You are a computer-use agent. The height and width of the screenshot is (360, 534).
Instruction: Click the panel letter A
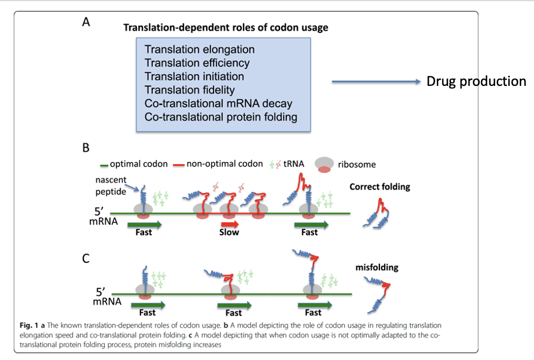point(86,24)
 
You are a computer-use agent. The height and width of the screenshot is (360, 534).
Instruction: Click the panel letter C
point(86,257)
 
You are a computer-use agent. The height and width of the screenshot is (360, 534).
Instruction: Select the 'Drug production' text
point(476,81)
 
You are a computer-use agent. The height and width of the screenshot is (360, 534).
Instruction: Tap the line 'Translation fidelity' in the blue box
point(190,90)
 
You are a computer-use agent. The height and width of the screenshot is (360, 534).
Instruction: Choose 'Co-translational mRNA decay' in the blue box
point(218,104)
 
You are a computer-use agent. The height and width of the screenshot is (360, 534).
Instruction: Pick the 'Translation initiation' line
point(194,76)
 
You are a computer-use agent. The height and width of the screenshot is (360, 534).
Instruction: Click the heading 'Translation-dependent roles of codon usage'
point(226,27)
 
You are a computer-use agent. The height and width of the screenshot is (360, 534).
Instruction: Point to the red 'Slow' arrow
point(229,224)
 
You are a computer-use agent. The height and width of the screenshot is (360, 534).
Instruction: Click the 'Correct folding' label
point(380,187)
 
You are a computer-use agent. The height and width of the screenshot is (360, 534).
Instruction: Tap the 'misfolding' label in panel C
point(377,267)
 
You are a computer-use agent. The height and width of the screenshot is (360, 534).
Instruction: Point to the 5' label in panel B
point(101,211)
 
